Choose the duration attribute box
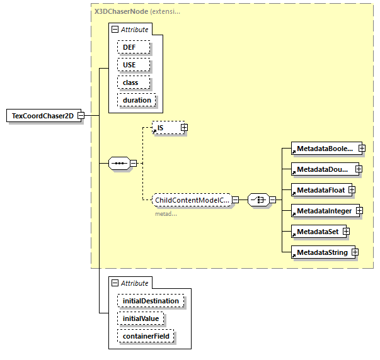point(137,100)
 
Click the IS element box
point(166,128)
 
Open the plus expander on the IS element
point(184,128)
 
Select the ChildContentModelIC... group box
point(192,200)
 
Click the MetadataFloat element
point(318,189)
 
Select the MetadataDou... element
point(321,169)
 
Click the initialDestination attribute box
point(150,301)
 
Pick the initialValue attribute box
point(141,318)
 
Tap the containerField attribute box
point(146,337)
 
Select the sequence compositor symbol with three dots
point(118,164)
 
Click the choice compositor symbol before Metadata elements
point(258,200)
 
